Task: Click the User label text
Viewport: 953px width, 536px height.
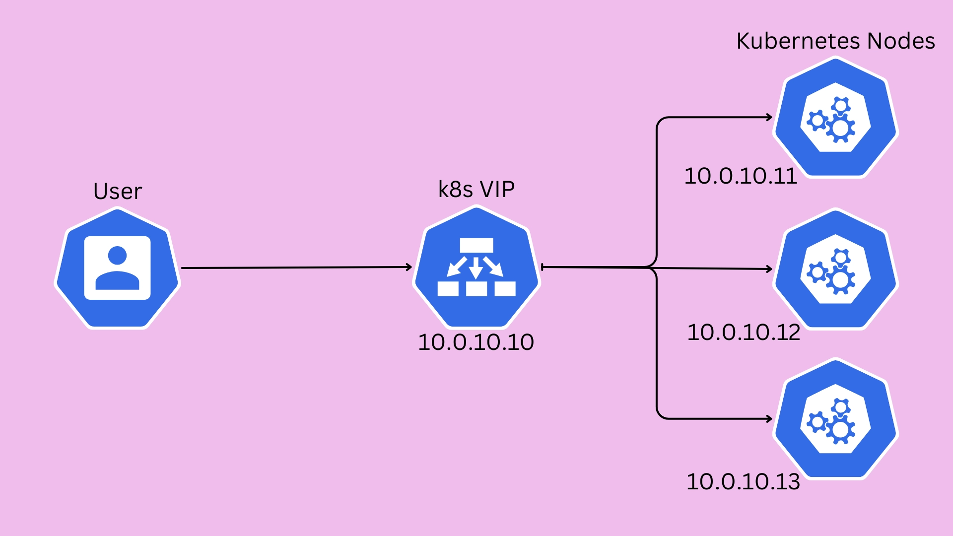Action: [118, 191]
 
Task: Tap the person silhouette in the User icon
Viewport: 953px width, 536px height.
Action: [117, 268]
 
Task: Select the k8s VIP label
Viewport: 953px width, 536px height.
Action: [476, 189]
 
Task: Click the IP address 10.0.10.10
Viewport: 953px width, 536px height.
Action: [476, 342]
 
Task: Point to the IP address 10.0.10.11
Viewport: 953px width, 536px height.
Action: [741, 176]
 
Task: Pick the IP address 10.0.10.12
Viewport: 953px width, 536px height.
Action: [744, 332]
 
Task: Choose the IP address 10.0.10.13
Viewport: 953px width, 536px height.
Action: [743, 481]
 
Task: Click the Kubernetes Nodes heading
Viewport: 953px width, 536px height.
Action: [835, 41]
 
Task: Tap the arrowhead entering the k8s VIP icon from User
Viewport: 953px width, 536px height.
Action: [409, 267]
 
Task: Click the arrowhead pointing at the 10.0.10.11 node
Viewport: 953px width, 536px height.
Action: [769, 117]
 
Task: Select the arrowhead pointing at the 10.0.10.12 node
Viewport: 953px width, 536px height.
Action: [769, 269]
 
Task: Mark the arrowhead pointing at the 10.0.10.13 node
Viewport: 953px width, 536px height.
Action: [769, 419]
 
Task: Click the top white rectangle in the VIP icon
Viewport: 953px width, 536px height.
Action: [476, 245]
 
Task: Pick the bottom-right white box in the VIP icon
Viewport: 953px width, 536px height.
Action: [505, 288]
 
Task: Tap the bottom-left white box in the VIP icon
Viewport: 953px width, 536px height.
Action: [448, 288]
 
